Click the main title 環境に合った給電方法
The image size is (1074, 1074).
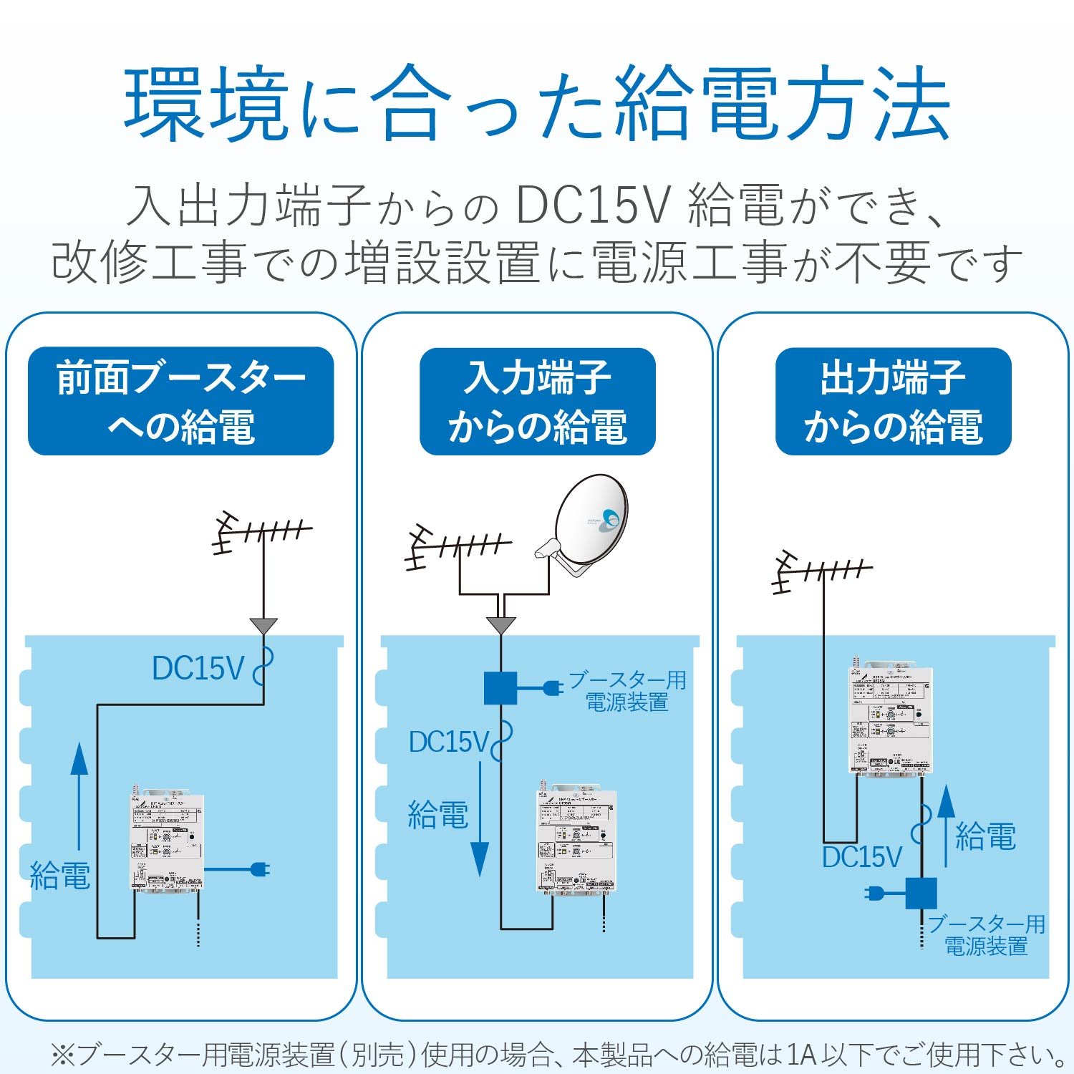pos(537,104)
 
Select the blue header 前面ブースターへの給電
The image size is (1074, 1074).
pos(181,401)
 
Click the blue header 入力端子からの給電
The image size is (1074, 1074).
pos(537,401)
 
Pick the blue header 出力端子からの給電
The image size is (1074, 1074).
pos(893,401)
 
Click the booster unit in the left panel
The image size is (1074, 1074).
pos(167,841)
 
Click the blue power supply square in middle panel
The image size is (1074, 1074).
pos(500,688)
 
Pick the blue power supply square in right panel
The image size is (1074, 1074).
pos(921,893)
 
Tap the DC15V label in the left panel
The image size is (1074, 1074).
pos(198,669)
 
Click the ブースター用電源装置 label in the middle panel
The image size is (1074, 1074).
pos(627,691)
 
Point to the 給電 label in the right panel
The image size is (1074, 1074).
pos(986,836)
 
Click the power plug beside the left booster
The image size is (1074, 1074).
pos(259,870)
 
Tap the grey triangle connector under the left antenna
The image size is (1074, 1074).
pos(263,626)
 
